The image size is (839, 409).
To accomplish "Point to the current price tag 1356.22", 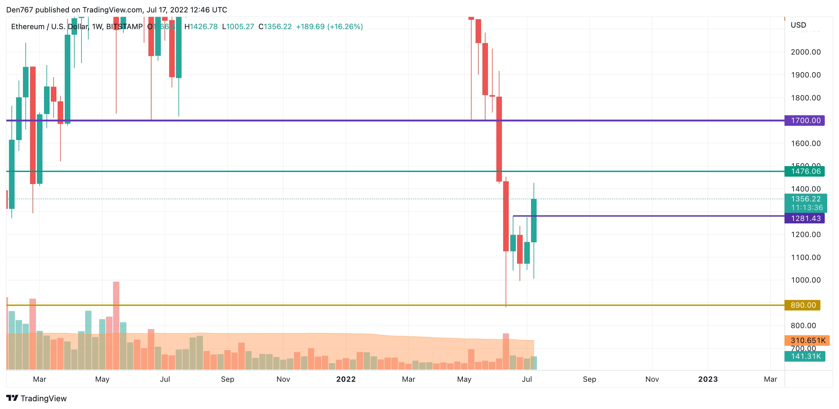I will [806, 199].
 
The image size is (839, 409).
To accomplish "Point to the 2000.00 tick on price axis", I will [806, 52].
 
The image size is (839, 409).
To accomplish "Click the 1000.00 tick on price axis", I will [806, 280].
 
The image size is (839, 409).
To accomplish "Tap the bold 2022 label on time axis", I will [346, 379].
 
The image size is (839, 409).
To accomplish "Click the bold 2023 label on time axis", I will [708, 379].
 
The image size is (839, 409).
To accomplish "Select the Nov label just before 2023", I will [652, 379].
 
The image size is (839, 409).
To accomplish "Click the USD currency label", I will [798, 25].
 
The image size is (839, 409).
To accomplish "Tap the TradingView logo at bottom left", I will [37, 398].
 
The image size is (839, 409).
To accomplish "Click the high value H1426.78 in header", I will [201, 27].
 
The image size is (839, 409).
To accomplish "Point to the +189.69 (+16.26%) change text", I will [329, 27].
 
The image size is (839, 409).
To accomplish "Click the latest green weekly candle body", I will [534, 220].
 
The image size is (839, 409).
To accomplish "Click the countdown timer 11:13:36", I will [806, 207].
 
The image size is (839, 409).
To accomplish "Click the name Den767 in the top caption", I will [20, 10].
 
